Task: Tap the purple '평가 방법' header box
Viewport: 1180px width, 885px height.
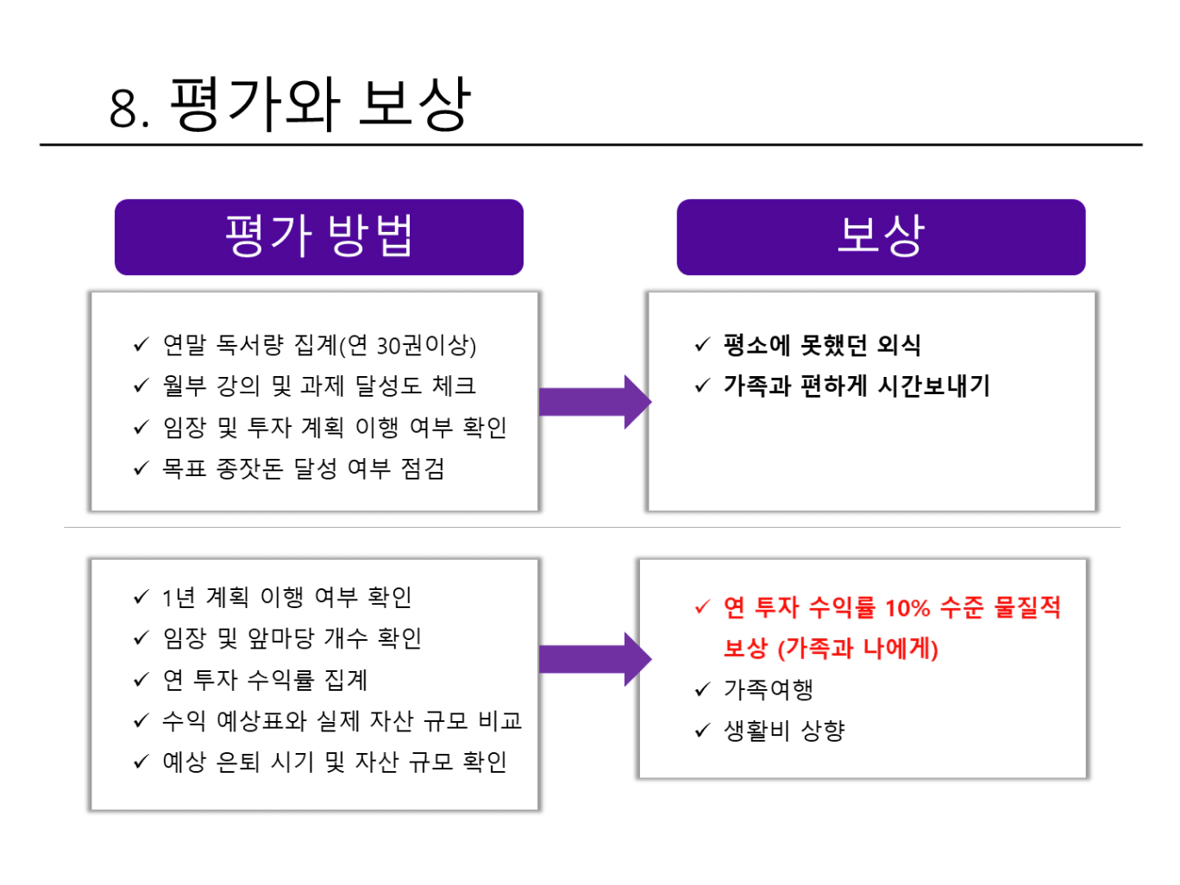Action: pyautogui.click(x=318, y=237)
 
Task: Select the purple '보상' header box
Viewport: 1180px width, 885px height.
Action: pyautogui.click(x=881, y=237)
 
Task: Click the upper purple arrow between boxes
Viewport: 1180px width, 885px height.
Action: pyautogui.click(x=593, y=402)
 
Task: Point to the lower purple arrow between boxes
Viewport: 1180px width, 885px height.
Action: pyautogui.click(x=593, y=660)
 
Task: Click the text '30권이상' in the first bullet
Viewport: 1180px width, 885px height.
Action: pyautogui.click(x=426, y=346)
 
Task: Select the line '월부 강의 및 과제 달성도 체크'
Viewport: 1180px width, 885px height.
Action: pyautogui.click(x=319, y=386)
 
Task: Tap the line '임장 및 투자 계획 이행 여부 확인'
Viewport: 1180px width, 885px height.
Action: pyautogui.click(x=335, y=427)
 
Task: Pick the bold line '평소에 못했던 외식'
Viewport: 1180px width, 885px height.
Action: pyautogui.click(x=822, y=346)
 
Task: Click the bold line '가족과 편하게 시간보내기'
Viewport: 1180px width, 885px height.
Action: pyautogui.click(x=857, y=386)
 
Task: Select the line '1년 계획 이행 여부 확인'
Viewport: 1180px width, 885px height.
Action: pyautogui.click(x=286, y=597)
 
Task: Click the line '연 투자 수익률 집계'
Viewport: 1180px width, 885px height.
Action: pyautogui.click(x=266, y=680)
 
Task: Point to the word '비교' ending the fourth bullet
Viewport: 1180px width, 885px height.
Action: pyautogui.click(x=500, y=721)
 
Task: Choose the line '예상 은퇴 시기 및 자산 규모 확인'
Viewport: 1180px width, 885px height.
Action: pyautogui.click(x=335, y=763)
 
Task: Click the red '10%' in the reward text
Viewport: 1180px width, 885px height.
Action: pyautogui.click(x=907, y=608)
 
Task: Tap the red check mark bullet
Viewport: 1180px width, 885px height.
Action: pyautogui.click(x=702, y=607)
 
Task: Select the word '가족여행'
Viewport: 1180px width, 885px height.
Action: pyautogui.click(x=769, y=690)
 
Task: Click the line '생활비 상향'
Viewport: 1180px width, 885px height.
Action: pyautogui.click(x=784, y=731)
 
